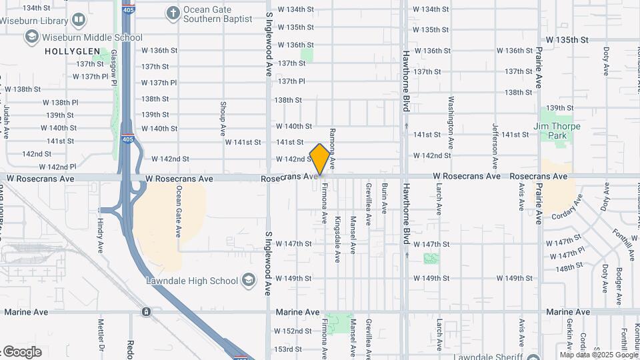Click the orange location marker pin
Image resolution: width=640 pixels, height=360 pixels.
click(x=320, y=159)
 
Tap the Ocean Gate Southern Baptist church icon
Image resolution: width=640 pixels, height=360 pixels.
click(x=173, y=13)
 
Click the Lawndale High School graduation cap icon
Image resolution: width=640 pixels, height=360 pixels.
click(x=249, y=280)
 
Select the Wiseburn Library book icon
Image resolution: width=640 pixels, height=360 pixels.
click(x=79, y=21)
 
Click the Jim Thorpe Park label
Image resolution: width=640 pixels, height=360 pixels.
click(x=557, y=131)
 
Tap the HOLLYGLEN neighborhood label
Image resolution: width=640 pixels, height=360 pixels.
click(x=72, y=51)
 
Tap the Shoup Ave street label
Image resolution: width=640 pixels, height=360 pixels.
click(x=223, y=117)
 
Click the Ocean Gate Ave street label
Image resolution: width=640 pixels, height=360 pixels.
click(x=179, y=211)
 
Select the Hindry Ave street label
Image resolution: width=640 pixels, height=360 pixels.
click(x=101, y=231)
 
